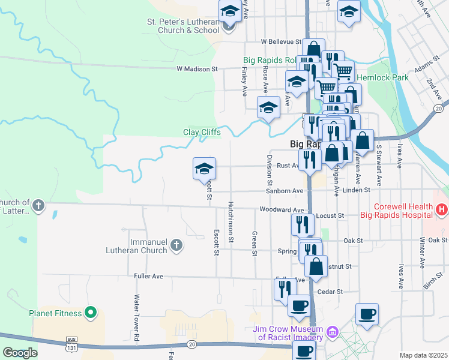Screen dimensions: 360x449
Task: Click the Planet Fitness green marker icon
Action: [x=90, y=312]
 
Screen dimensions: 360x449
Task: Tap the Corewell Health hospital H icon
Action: [x=442, y=209]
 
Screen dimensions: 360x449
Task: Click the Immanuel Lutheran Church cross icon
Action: [x=176, y=245]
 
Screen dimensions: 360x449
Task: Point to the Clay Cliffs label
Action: [x=202, y=132]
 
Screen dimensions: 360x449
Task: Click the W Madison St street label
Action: [x=197, y=69]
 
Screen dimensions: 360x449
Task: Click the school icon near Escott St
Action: [x=204, y=169]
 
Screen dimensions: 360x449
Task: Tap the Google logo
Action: [x=20, y=353]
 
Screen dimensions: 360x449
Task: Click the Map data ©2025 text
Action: [x=423, y=355]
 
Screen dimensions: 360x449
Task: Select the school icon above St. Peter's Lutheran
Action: [x=229, y=13]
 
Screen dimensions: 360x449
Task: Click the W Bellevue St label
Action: [x=281, y=41]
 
